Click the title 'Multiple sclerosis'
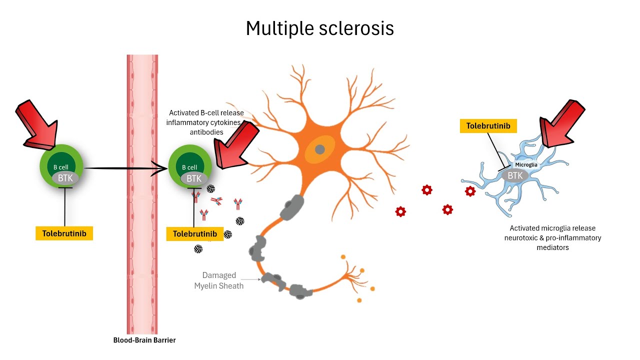tap(319, 28)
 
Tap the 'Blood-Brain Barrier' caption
tap(144, 340)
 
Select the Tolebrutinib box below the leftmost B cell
tap(64, 233)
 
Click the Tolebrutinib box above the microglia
tap(488, 126)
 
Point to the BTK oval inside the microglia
tap(515, 175)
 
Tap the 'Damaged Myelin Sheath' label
tap(219, 280)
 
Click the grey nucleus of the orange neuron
tap(319, 149)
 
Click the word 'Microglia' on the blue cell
tap(526, 164)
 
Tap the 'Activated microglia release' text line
tap(552, 228)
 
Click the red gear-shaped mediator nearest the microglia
tap(470, 191)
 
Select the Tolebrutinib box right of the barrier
tap(194, 234)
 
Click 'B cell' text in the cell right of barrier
tap(190, 167)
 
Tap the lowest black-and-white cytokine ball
tap(198, 248)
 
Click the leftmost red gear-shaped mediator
tap(400, 211)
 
